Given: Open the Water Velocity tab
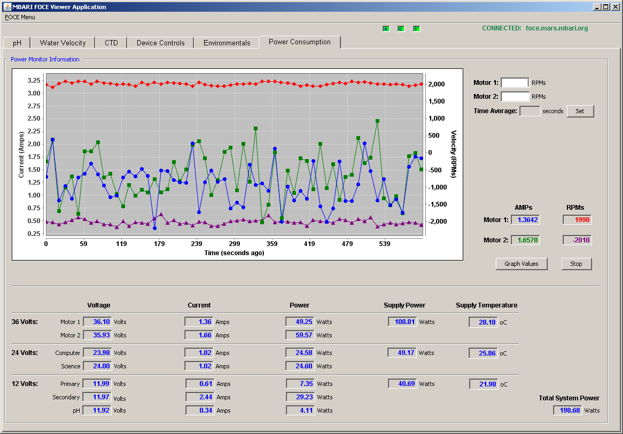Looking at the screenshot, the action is [x=63, y=43].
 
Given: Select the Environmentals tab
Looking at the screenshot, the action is [x=227, y=43].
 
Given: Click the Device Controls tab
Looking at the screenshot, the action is [x=160, y=43].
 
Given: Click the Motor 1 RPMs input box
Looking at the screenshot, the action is [x=515, y=83].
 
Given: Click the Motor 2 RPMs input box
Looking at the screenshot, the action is [x=515, y=97].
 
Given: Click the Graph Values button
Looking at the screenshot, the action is [x=521, y=264].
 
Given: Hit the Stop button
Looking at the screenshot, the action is [x=576, y=264].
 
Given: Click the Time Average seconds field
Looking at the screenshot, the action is [x=529, y=111].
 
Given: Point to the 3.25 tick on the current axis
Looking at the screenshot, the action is [x=34, y=81].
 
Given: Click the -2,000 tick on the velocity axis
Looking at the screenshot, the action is [x=438, y=221].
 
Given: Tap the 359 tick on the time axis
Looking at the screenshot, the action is [x=272, y=244].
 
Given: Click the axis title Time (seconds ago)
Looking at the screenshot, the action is [x=234, y=253].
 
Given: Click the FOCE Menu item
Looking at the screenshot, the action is [x=20, y=17].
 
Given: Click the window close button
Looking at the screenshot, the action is [x=616, y=7].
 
